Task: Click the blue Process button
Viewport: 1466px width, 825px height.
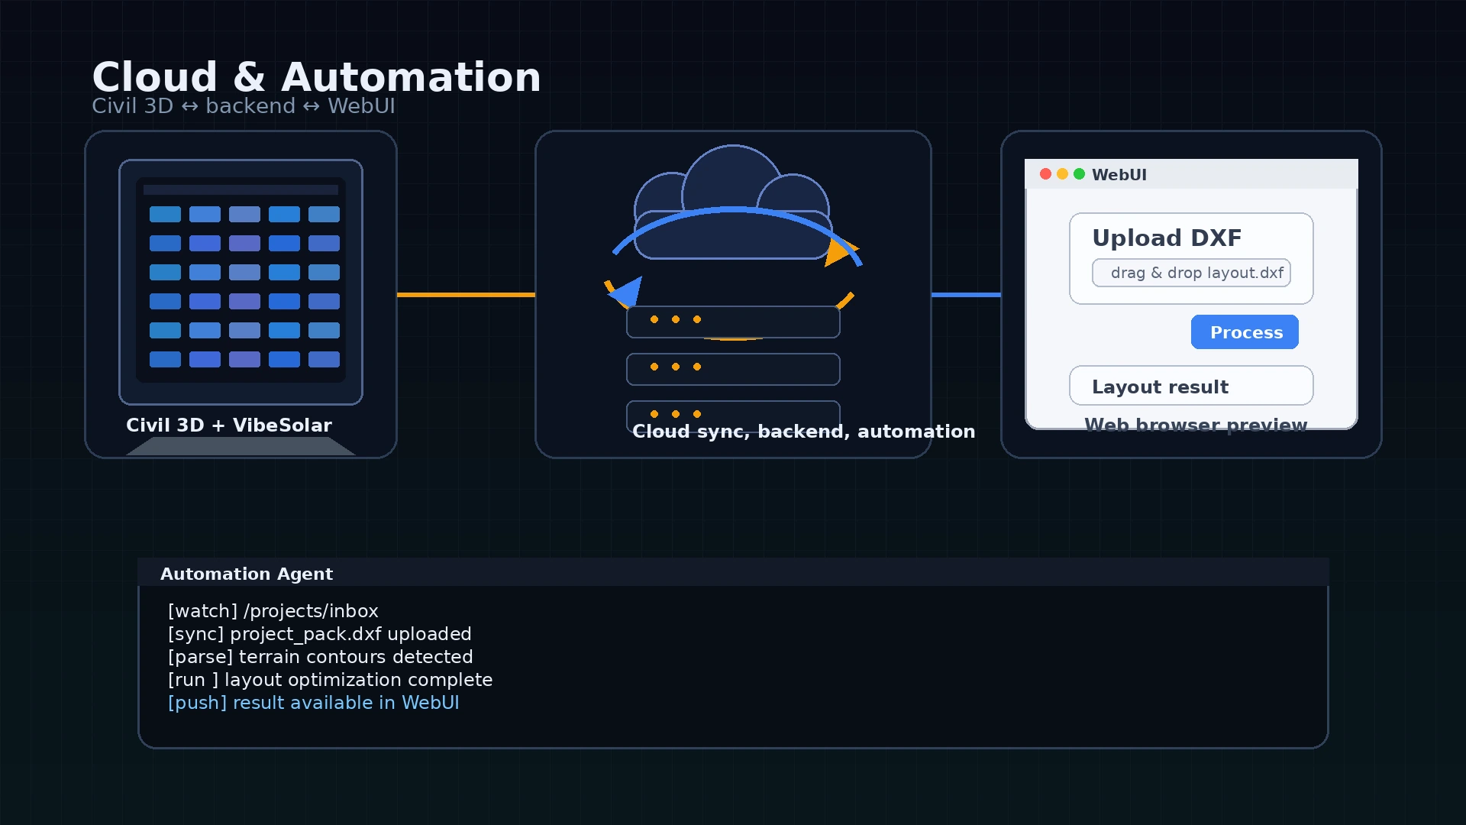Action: tap(1245, 332)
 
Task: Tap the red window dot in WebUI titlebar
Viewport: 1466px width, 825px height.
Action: tap(1045, 174)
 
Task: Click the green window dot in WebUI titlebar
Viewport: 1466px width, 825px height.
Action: tap(1079, 174)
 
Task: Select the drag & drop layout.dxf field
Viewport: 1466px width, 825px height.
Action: tap(1191, 273)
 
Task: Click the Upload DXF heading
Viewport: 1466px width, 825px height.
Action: tap(1167, 238)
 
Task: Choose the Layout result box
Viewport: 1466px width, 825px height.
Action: tap(1191, 386)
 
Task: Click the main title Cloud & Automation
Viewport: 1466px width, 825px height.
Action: tap(316, 77)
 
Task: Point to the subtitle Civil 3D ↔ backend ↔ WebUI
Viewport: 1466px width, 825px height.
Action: tap(243, 106)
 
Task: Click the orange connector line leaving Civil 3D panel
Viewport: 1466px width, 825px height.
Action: tap(466, 294)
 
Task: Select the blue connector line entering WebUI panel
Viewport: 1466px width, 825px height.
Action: tap(966, 294)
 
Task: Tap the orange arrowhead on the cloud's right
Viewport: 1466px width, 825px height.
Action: tap(839, 251)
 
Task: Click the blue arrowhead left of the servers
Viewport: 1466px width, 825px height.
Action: tap(628, 292)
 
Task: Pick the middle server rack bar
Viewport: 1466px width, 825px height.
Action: tap(733, 369)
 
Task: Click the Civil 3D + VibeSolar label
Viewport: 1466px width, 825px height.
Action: tap(228, 425)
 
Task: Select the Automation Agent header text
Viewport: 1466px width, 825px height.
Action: tap(246, 574)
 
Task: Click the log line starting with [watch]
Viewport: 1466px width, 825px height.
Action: tap(273, 611)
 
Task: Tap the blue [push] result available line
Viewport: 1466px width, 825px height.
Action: tap(313, 703)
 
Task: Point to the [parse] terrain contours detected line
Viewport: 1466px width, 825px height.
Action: tap(320, 657)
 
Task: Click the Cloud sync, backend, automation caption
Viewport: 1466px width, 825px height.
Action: tap(803, 432)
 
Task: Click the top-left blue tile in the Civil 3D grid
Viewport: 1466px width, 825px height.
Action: tap(165, 215)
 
